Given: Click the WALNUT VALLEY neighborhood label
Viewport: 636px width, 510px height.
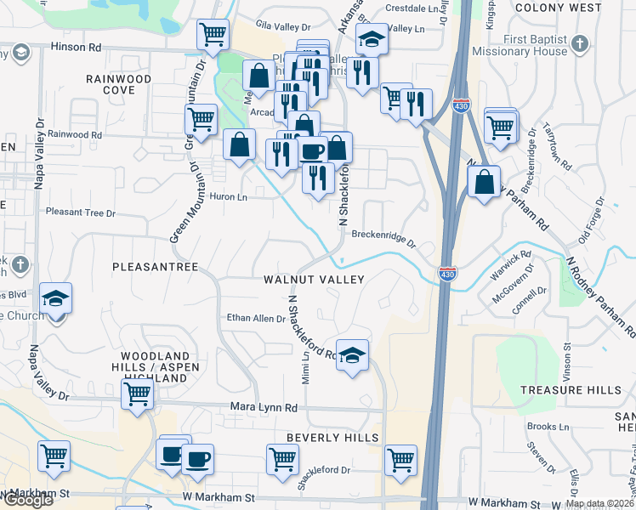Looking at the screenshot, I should click(314, 280).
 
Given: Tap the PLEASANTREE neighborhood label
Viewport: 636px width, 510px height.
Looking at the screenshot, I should click(155, 267).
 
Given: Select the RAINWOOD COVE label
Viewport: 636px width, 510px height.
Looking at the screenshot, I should click(118, 84).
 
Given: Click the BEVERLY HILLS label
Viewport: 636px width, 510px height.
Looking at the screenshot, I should click(332, 437).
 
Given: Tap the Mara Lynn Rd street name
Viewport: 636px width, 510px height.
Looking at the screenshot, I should click(264, 408).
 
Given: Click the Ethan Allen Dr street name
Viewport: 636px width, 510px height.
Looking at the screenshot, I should click(255, 319).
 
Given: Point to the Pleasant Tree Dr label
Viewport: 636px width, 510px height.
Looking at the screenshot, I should click(80, 212).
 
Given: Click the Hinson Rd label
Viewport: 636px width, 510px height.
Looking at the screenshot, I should click(76, 48).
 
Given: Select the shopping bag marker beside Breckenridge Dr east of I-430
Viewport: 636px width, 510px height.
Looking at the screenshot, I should click(483, 182).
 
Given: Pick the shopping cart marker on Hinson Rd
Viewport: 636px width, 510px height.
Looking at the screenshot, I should click(212, 35).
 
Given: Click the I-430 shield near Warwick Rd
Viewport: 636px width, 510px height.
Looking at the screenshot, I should click(448, 274).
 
